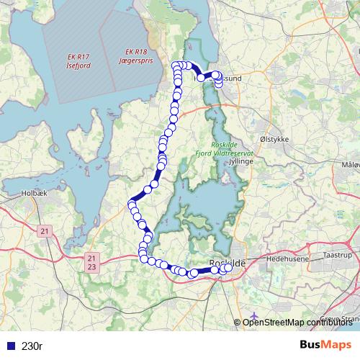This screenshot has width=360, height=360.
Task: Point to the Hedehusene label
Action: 287,257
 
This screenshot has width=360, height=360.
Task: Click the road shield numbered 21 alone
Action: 45,231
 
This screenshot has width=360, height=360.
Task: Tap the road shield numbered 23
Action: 90,267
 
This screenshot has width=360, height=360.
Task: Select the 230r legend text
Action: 32,346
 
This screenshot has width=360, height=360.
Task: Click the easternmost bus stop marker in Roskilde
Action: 229,268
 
